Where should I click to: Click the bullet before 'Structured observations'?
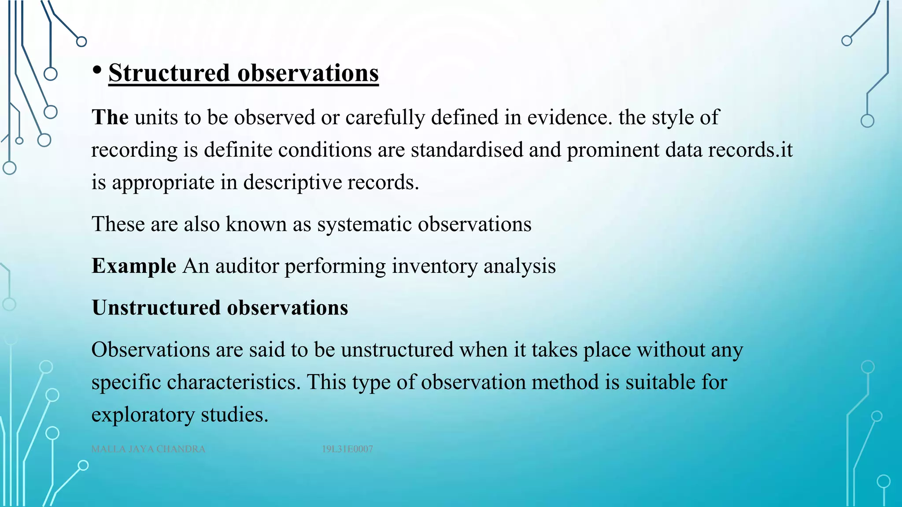coord(98,70)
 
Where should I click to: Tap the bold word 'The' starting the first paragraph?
coord(110,118)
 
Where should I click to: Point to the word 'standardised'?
coord(467,150)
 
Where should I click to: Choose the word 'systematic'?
coord(365,224)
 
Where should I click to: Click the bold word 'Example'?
coord(134,266)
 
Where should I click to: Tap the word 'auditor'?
coord(247,266)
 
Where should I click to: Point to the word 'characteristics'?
coord(233,382)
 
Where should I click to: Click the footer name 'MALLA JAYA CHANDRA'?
coord(148,449)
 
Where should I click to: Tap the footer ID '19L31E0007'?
coord(347,449)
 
